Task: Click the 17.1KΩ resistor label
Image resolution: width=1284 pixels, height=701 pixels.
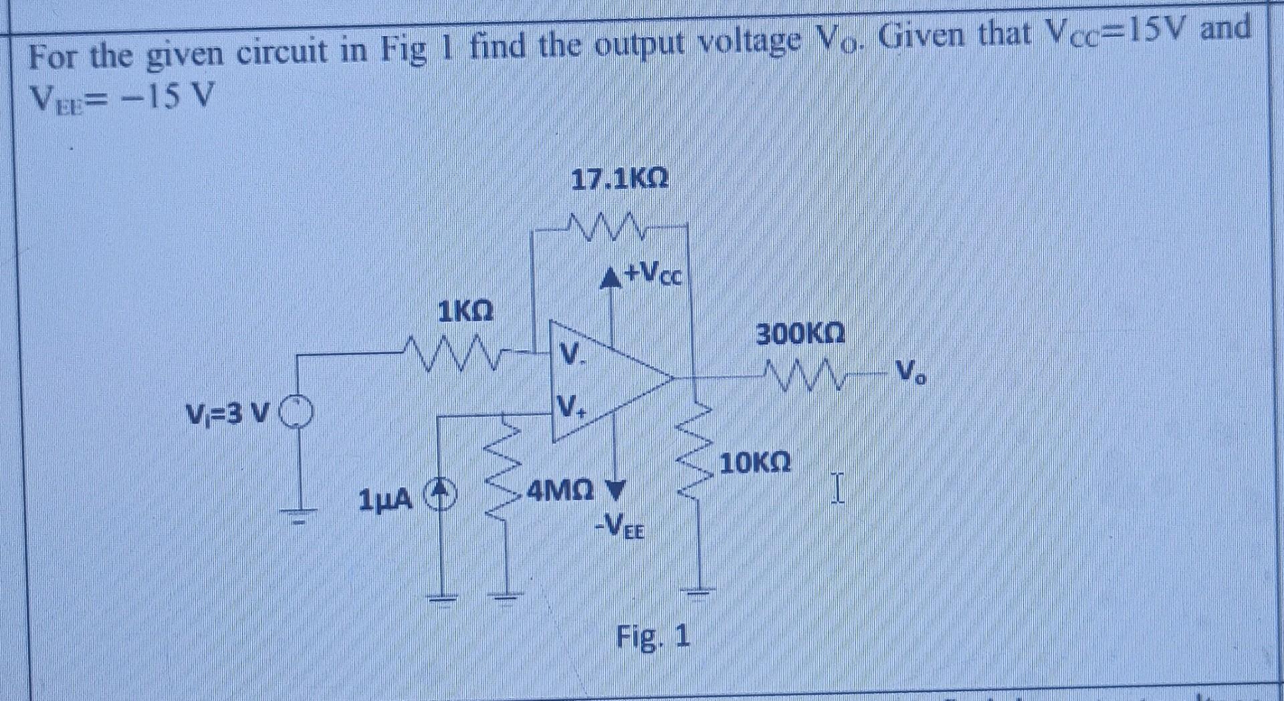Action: [x=619, y=180]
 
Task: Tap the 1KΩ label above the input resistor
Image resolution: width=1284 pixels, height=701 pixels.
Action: [x=465, y=311]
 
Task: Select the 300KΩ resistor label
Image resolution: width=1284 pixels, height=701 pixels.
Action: [x=800, y=333]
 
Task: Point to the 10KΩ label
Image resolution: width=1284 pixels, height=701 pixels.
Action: [x=755, y=462]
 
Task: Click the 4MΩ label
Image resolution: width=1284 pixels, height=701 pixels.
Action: [x=560, y=493]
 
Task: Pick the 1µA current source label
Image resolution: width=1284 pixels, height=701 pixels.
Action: [x=385, y=499]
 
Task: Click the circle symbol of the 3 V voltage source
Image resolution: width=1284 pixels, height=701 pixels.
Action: [x=298, y=411]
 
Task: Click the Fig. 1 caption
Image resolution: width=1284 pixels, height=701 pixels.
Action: [x=653, y=636]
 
